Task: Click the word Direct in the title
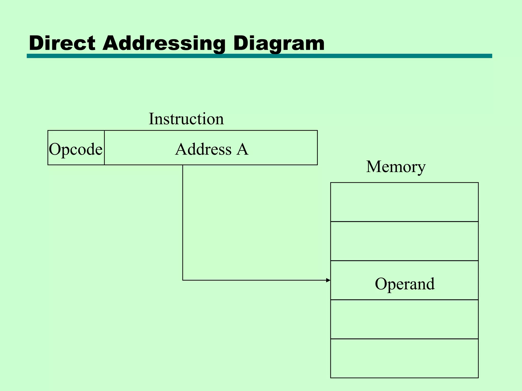pyautogui.click(x=62, y=43)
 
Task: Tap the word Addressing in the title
pyautogui.click(x=164, y=43)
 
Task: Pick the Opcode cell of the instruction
pyautogui.click(x=76, y=149)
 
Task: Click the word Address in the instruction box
pyautogui.click(x=203, y=149)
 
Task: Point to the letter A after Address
pyautogui.click(x=242, y=149)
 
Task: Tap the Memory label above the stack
pyautogui.click(x=396, y=167)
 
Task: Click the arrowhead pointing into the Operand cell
pyautogui.click(x=328, y=280)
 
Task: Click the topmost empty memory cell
pyautogui.click(x=404, y=202)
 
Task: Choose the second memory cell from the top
pyautogui.click(x=404, y=241)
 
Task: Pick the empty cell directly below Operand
pyautogui.click(x=404, y=319)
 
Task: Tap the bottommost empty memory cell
pyautogui.click(x=404, y=358)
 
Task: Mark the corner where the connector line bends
pyautogui.click(x=183, y=280)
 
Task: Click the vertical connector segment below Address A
pyautogui.click(x=183, y=221)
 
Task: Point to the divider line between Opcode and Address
pyautogui.click(x=104, y=148)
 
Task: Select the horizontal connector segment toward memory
pyautogui.click(x=255, y=280)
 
